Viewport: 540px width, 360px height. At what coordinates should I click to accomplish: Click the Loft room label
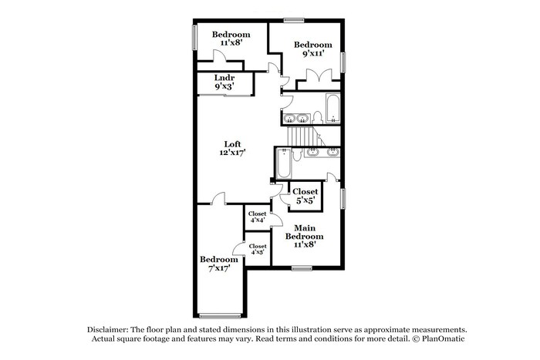232,148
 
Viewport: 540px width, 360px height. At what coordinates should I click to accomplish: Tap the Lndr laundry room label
224,82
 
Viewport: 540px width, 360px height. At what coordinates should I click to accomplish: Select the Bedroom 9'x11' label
313,49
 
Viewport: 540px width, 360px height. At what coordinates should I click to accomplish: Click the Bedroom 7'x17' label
218,264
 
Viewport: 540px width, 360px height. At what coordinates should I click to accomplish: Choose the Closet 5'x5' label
305,196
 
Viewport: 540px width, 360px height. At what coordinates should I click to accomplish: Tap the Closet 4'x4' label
257,217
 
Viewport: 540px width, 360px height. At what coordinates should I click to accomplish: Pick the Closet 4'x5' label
257,249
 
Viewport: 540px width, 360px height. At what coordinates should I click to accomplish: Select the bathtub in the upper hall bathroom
332,108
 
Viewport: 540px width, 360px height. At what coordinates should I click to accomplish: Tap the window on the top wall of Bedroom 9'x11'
293,20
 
